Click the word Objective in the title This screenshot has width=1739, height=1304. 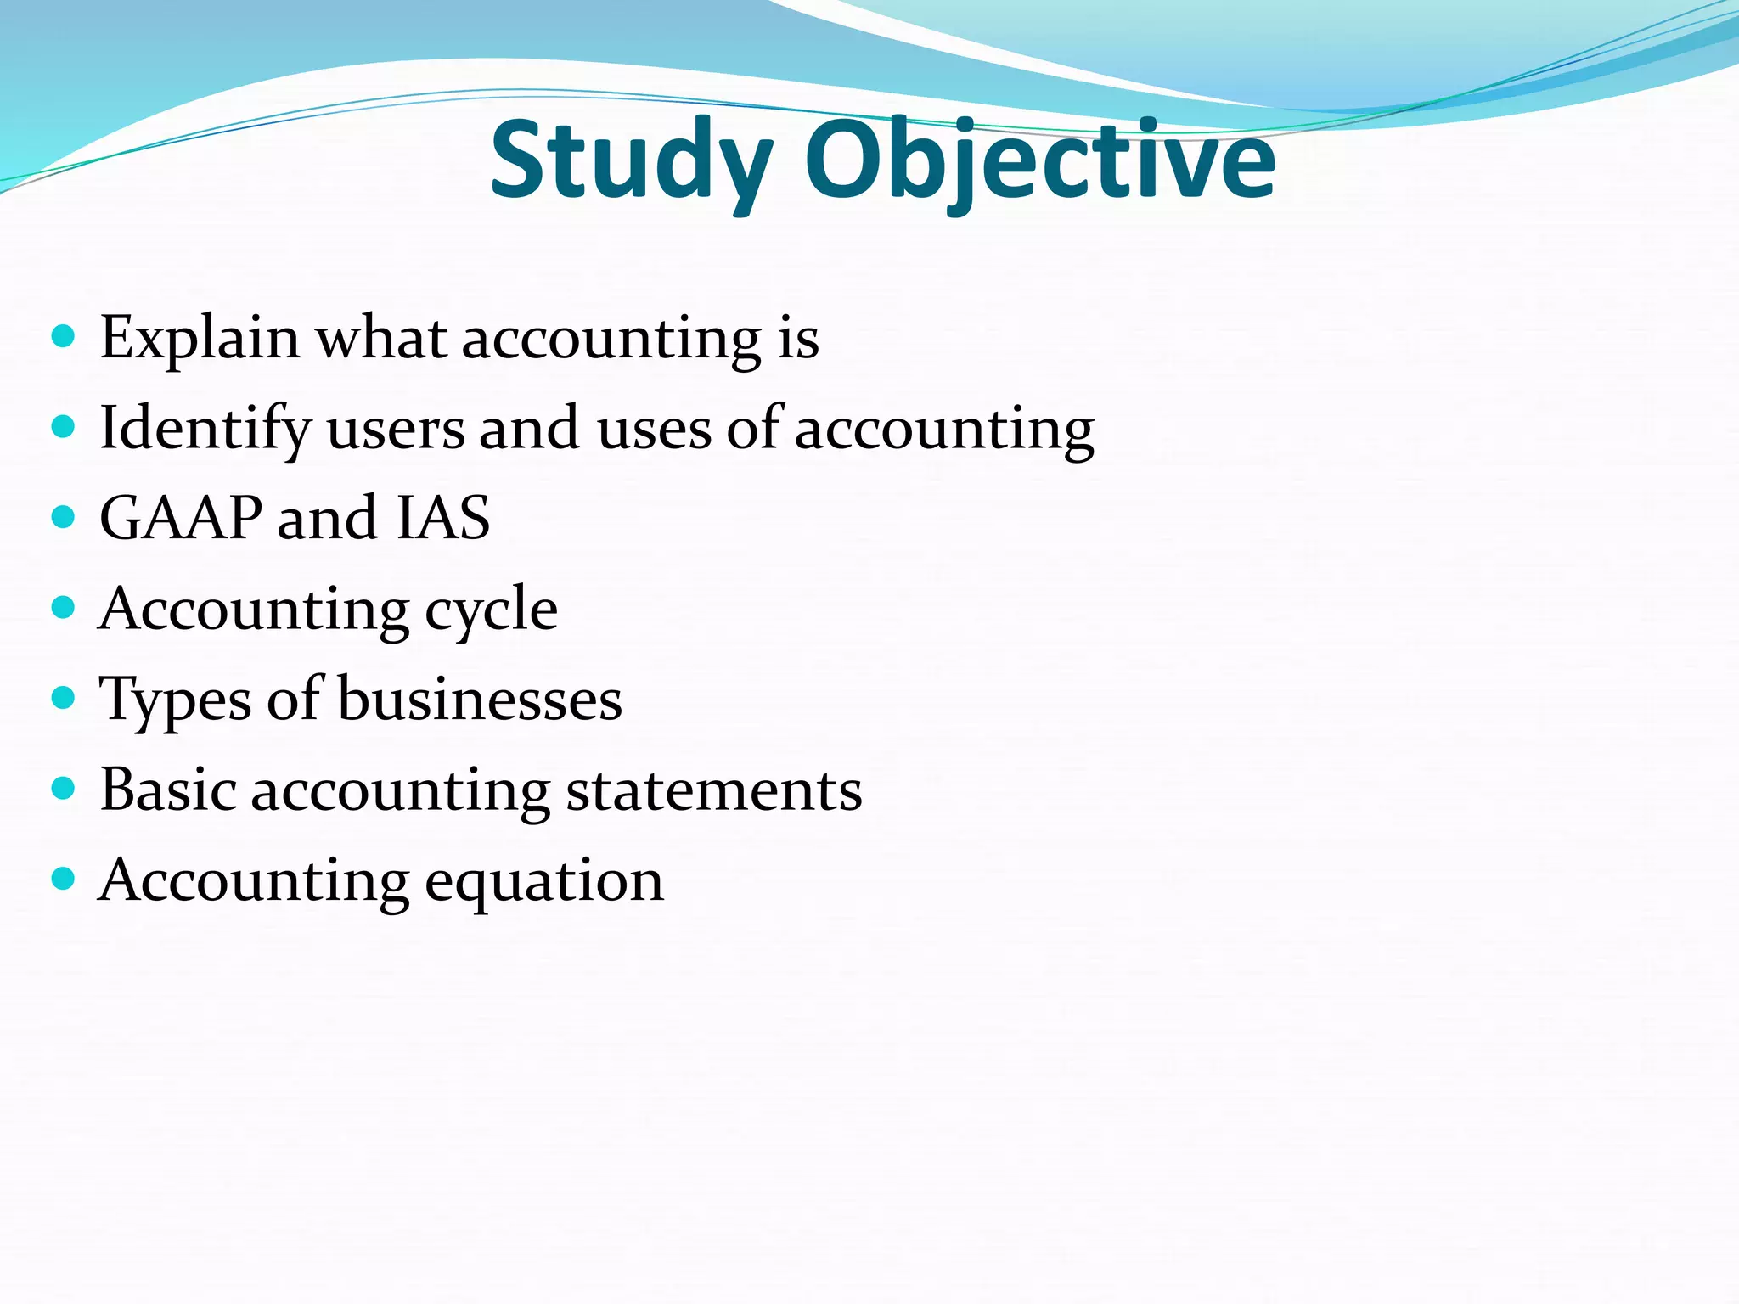click(1039, 161)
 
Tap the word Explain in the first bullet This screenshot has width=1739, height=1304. click(200, 339)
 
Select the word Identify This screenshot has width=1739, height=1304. click(205, 429)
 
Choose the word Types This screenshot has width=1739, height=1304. click(175, 701)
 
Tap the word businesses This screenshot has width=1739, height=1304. click(480, 700)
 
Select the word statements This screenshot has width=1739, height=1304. click(714, 791)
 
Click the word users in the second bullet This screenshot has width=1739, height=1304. click(396, 430)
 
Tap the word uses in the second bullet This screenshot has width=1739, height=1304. click(654, 430)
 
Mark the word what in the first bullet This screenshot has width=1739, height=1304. click(381, 339)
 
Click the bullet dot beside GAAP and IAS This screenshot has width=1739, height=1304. click(63, 516)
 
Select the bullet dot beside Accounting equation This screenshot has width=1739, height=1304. click(63, 878)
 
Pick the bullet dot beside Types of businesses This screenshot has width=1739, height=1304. click(63, 698)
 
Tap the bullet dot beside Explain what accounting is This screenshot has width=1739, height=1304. click(63, 336)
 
